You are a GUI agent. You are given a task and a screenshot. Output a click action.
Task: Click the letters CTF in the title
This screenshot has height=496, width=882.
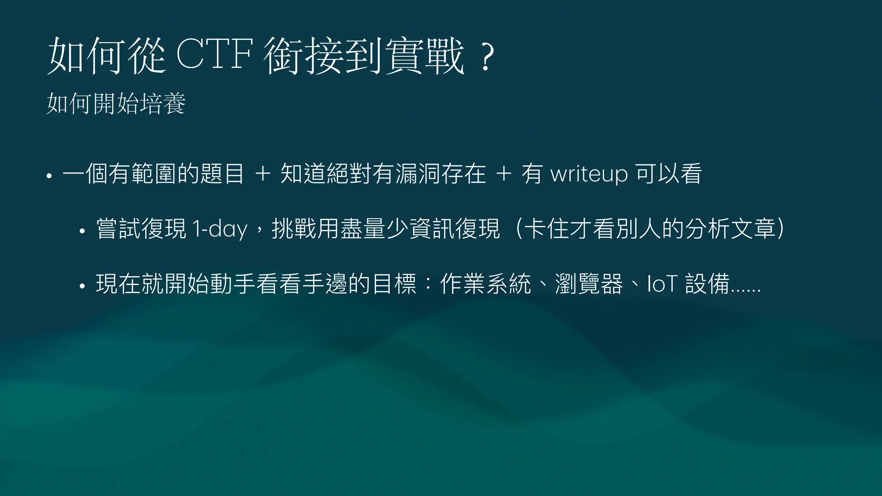tap(214, 55)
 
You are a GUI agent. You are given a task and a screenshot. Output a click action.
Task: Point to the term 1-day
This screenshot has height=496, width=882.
tap(220, 229)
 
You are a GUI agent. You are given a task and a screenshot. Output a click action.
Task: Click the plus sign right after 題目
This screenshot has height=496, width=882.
tap(263, 174)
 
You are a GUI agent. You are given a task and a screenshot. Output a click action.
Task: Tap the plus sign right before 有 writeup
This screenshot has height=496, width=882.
tap(503, 174)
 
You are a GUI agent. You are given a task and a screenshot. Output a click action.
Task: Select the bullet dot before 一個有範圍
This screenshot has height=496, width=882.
tap(49, 176)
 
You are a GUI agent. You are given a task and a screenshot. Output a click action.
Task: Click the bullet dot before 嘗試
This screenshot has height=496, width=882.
tap(82, 231)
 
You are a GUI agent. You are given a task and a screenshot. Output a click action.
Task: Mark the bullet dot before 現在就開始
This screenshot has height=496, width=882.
tap(82, 286)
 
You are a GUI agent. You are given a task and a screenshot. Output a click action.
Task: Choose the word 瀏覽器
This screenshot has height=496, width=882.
tap(589, 284)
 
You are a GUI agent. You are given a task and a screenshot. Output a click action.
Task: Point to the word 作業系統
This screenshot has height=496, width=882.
tap(485, 284)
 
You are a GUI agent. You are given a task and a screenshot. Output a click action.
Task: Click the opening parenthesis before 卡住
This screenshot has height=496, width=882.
tap(519, 229)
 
